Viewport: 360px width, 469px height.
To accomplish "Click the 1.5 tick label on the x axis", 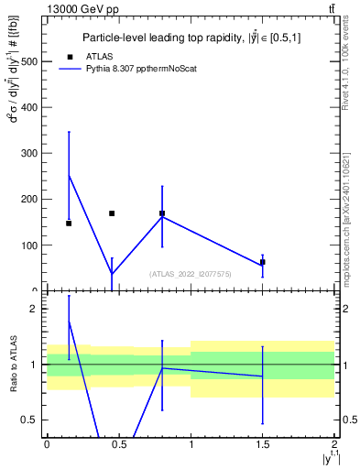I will pyautogui.click(x=263, y=443).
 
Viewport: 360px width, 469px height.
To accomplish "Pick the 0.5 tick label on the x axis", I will pyautogui.click(x=118, y=443).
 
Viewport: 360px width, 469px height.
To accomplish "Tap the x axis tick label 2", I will pyautogui.click(x=334, y=443).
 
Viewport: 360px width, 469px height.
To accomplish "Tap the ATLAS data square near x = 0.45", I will pyautogui.click(x=112, y=213).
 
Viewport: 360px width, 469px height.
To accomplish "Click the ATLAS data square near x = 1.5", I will pyautogui.click(x=263, y=262).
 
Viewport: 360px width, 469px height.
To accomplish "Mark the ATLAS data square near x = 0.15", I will pyautogui.click(x=69, y=224).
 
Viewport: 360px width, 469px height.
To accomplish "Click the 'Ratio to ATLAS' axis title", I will pyautogui.click(x=12, y=364).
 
